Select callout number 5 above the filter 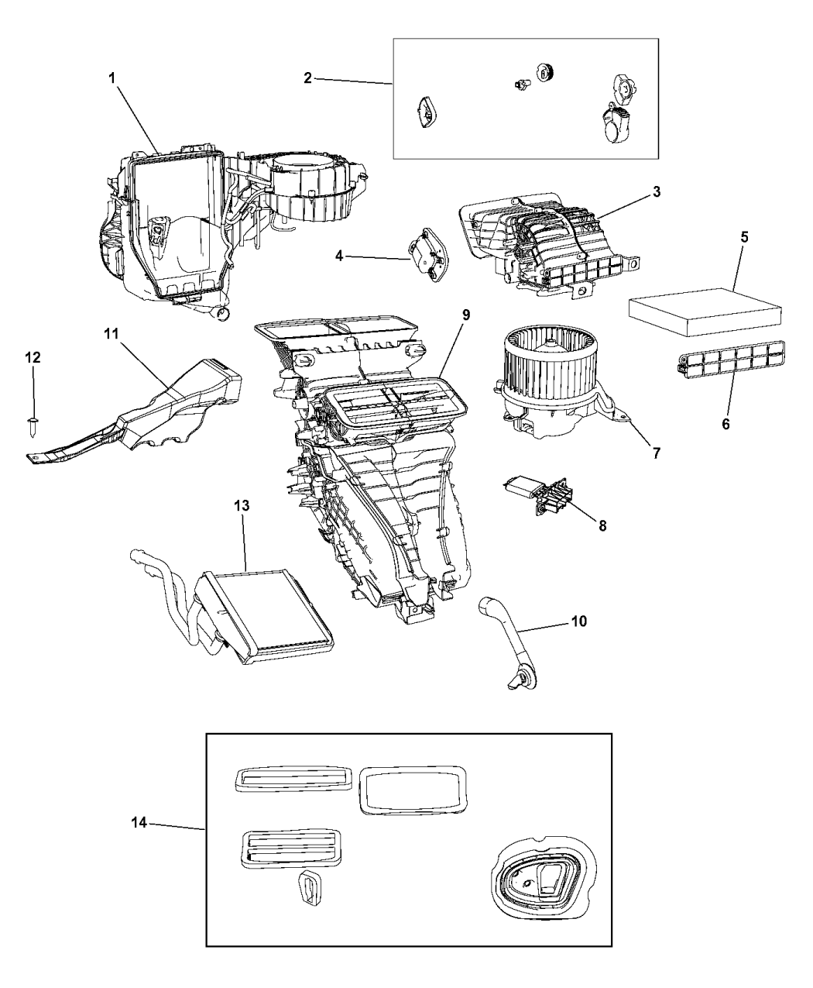pos(743,238)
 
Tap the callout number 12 pos(33,358)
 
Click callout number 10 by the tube pos(578,621)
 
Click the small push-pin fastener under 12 pos(33,422)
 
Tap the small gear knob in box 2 pos(548,74)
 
